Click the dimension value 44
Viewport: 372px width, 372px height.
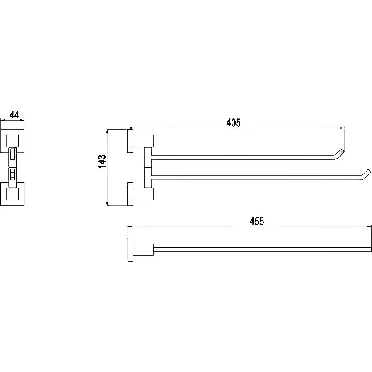click(x=14, y=115)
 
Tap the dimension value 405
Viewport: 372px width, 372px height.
click(x=234, y=123)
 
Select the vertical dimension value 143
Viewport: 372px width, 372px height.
click(x=102, y=162)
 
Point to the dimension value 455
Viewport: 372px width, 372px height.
click(x=257, y=221)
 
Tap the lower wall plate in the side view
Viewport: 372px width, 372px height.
click(x=130, y=194)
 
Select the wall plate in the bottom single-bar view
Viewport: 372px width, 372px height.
click(x=130, y=249)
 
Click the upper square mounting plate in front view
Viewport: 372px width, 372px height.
click(x=12, y=141)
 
